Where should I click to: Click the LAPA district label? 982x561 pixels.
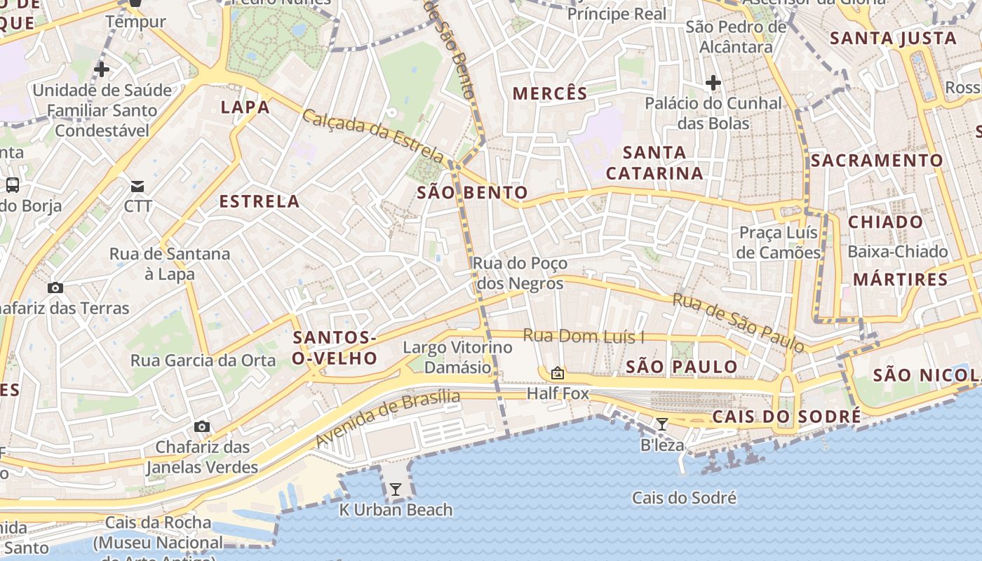point(245,107)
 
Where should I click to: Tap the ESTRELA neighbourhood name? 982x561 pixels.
point(260,201)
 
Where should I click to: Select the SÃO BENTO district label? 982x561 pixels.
point(472,193)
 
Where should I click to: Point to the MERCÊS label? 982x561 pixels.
point(550,93)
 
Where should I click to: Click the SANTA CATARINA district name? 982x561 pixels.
point(654,163)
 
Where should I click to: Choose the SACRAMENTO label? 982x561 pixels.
point(877,161)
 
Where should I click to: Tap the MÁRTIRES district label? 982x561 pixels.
point(900,279)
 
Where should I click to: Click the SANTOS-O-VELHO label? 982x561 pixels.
point(335,348)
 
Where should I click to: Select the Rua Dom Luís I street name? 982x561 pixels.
point(584,337)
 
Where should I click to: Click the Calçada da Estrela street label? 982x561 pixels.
point(372,135)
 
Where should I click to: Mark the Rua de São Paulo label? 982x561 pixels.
point(738,322)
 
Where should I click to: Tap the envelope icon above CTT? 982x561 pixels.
point(137,187)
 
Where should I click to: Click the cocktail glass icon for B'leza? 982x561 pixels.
point(661,424)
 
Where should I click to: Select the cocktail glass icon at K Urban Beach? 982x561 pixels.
point(396,489)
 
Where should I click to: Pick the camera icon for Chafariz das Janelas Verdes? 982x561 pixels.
point(202,426)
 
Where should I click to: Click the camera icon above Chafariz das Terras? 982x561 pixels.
point(55,288)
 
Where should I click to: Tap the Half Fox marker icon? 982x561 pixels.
point(558,373)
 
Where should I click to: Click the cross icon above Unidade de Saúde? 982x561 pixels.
point(102,69)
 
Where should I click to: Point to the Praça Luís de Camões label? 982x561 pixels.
point(779,242)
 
